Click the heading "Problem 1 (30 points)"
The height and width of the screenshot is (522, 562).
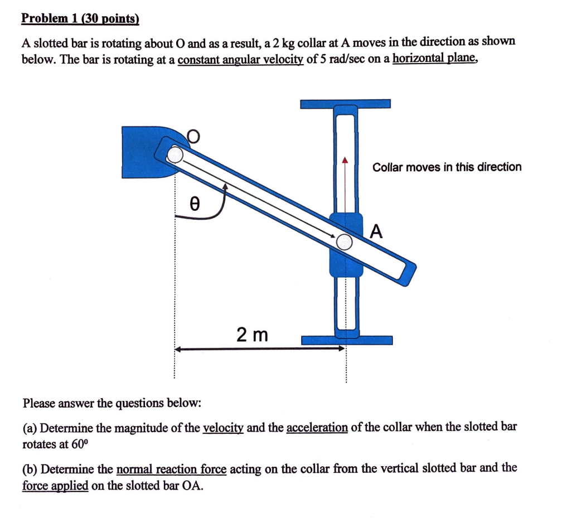tap(80, 18)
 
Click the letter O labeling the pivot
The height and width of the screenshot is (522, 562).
tap(193, 136)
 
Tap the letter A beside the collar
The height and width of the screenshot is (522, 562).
tap(377, 231)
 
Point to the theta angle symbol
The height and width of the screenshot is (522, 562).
tap(195, 204)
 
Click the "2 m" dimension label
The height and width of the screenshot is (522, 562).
tap(252, 335)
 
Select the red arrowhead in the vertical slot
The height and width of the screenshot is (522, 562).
tap(345, 161)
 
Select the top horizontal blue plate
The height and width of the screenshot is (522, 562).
tap(345, 104)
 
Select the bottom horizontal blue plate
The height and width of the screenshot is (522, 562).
tap(346, 340)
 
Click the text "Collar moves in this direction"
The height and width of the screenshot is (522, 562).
tap(447, 167)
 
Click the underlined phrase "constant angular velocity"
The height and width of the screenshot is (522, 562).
tap(241, 60)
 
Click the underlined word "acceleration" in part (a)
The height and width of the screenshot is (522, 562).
tap(317, 428)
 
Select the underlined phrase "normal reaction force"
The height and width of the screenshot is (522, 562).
tap(171, 468)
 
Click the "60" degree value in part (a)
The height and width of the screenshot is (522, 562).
tap(79, 444)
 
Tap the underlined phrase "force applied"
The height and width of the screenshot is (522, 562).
tap(55, 486)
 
